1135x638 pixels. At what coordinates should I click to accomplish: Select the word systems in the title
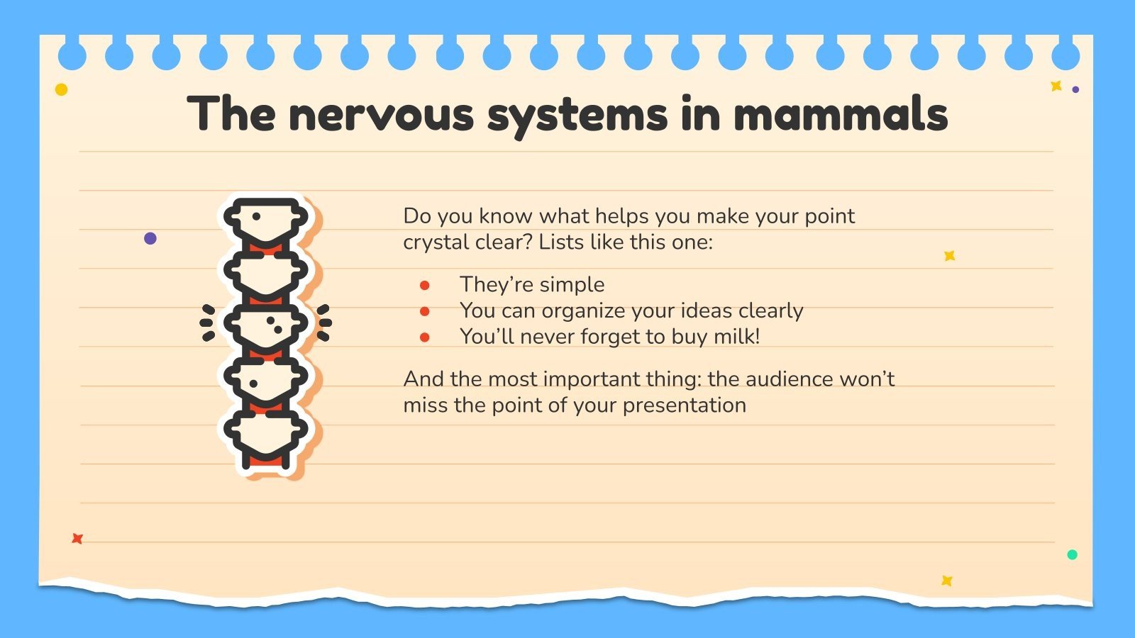click(577, 115)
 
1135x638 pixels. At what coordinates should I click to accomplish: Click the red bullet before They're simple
click(425, 285)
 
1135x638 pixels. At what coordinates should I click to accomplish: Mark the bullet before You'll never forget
click(425, 337)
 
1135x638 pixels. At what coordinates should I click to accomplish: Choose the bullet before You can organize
click(425, 311)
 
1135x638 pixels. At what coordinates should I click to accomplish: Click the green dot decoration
click(1072, 554)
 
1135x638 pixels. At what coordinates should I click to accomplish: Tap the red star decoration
click(77, 539)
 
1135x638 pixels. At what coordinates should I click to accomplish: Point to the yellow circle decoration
click(62, 89)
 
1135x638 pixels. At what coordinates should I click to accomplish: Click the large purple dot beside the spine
click(150, 238)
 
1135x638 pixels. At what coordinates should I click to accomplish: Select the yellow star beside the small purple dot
click(1056, 86)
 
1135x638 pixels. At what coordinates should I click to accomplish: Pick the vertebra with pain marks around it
click(266, 325)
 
